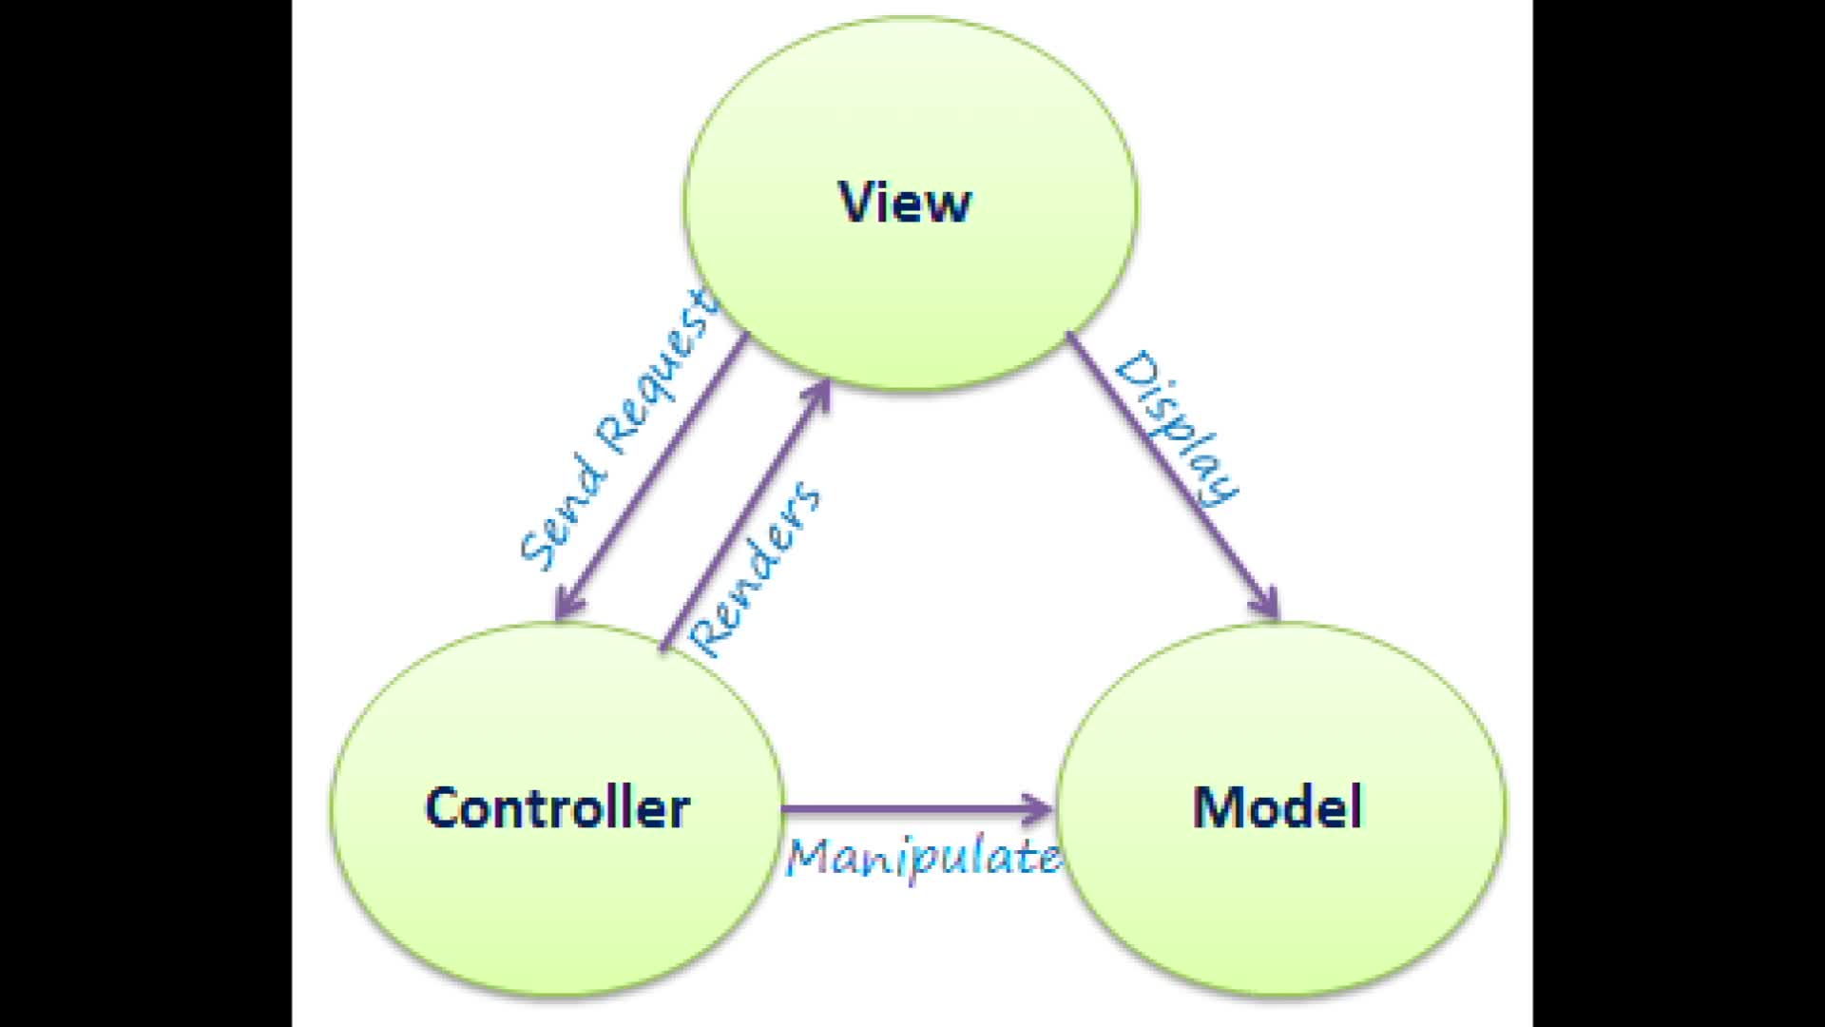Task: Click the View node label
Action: tap(905, 202)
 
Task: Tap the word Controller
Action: tap(557, 808)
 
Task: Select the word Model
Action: tap(1277, 808)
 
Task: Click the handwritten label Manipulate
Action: tap(922, 858)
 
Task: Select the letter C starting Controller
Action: tap(442, 808)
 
